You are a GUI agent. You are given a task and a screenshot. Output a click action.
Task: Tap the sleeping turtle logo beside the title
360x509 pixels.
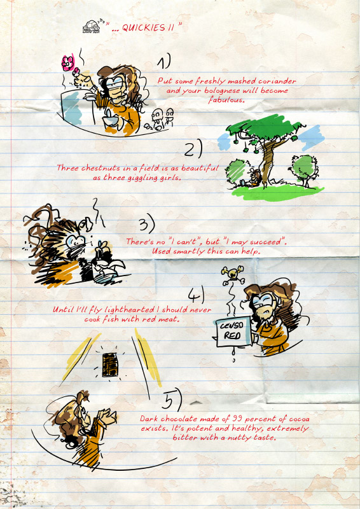(92, 27)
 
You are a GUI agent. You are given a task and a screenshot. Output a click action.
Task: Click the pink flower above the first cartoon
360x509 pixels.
(68, 63)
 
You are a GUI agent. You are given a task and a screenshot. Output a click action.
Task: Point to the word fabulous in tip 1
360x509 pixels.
(226, 100)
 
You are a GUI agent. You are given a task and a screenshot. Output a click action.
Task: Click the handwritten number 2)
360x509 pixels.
(193, 150)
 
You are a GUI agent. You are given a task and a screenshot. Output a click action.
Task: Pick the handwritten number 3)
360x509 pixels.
(147, 225)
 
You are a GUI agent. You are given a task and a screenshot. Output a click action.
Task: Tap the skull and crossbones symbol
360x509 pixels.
(233, 275)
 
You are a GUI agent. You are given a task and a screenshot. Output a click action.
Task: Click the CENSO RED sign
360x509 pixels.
(233, 331)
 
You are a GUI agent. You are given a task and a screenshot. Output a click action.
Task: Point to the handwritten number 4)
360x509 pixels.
(197, 295)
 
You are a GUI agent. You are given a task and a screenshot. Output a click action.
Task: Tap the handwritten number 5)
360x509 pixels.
(171, 401)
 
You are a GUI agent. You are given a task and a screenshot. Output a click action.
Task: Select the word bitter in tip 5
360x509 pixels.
(183, 437)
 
